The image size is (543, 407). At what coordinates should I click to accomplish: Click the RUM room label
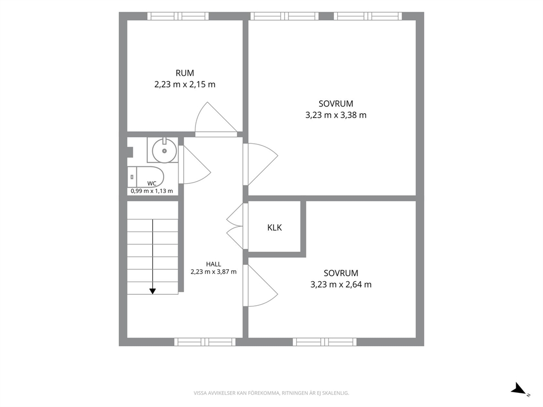coord(184,73)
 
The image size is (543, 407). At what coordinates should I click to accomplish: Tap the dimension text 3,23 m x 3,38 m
coord(336,115)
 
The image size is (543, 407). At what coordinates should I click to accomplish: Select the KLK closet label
coord(275,228)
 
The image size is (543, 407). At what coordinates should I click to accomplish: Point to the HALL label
coord(213,264)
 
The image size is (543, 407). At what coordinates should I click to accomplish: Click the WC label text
coord(152,183)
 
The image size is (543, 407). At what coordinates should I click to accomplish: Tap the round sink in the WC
coord(165,150)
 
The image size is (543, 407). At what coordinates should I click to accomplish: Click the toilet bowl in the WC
coord(150,177)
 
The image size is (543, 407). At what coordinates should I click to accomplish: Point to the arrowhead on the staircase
coord(152,291)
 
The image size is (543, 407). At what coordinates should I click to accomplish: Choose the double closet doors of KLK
coord(235,226)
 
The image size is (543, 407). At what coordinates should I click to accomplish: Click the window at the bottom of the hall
coord(205,342)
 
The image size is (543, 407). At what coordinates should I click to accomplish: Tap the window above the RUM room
coord(178,16)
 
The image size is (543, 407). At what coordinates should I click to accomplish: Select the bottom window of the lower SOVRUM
coord(325,342)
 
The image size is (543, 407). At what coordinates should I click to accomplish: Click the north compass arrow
coord(520,388)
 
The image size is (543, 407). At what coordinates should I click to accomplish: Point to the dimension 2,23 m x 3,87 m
coord(213,272)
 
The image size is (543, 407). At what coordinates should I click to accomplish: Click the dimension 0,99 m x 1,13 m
coord(152,191)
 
